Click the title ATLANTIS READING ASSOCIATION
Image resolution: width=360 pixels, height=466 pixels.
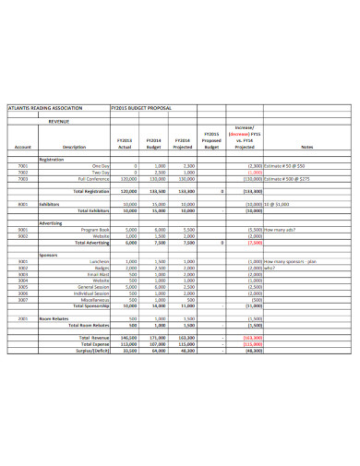coord(45,106)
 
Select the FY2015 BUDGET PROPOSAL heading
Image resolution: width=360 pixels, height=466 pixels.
coord(140,106)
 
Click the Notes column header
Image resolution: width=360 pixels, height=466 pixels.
coord(306,147)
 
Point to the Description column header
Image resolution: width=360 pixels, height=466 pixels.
coord(74,147)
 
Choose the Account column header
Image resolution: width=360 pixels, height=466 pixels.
coord(23,147)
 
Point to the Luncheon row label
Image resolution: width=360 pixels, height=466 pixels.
coord(97,262)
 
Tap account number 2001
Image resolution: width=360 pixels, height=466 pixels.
coord(23,317)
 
